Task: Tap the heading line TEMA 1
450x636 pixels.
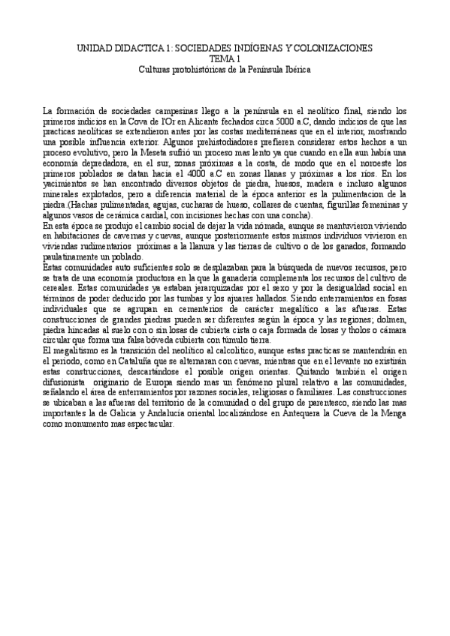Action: coord(225,58)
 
